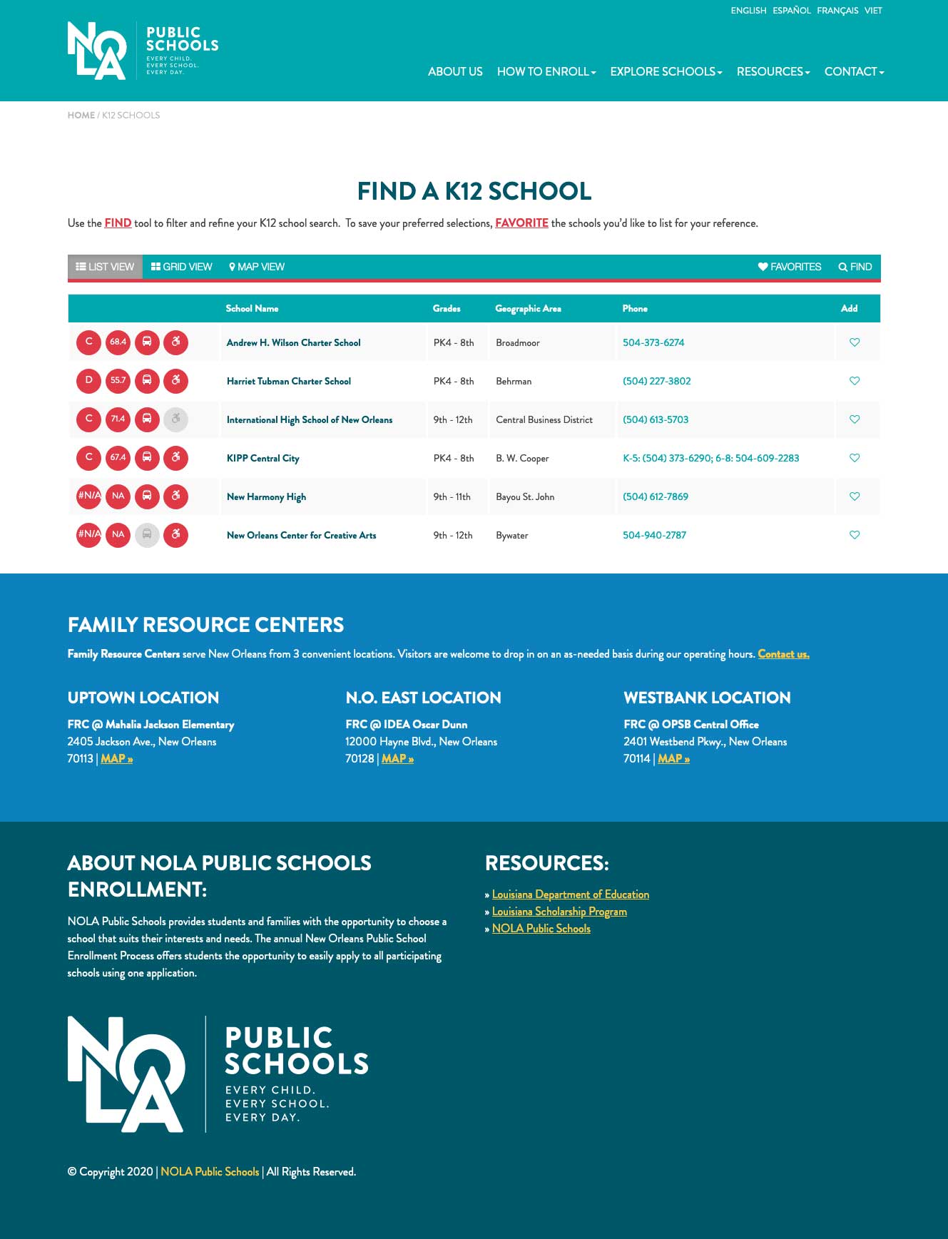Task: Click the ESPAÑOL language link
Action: tap(791, 11)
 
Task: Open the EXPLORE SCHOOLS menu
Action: tap(666, 72)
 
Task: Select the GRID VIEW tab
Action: tap(182, 267)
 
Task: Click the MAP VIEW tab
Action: tap(257, 267)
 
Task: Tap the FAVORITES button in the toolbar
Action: tap(790, 267)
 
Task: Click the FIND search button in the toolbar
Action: tap(855, 267)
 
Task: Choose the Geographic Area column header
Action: tap(528, 309)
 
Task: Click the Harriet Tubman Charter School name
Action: tap(289, 382)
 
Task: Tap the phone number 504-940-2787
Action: tap(654, 536)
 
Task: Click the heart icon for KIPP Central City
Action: tap(855, 458)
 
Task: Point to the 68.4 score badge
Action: tap(118, 342)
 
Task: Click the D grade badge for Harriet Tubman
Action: tap(89, 381)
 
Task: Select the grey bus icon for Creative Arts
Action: tap(147, 535)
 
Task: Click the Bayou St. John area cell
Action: tap(525, 497)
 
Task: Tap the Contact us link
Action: tap(783, 654)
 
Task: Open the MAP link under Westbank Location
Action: tap(673, 759)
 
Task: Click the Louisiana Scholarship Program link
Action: tap(559, 912)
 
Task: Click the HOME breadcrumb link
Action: tap(81, 116)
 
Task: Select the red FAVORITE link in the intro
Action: tap(521, 223)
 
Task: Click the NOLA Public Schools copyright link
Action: tap(210, 1172)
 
